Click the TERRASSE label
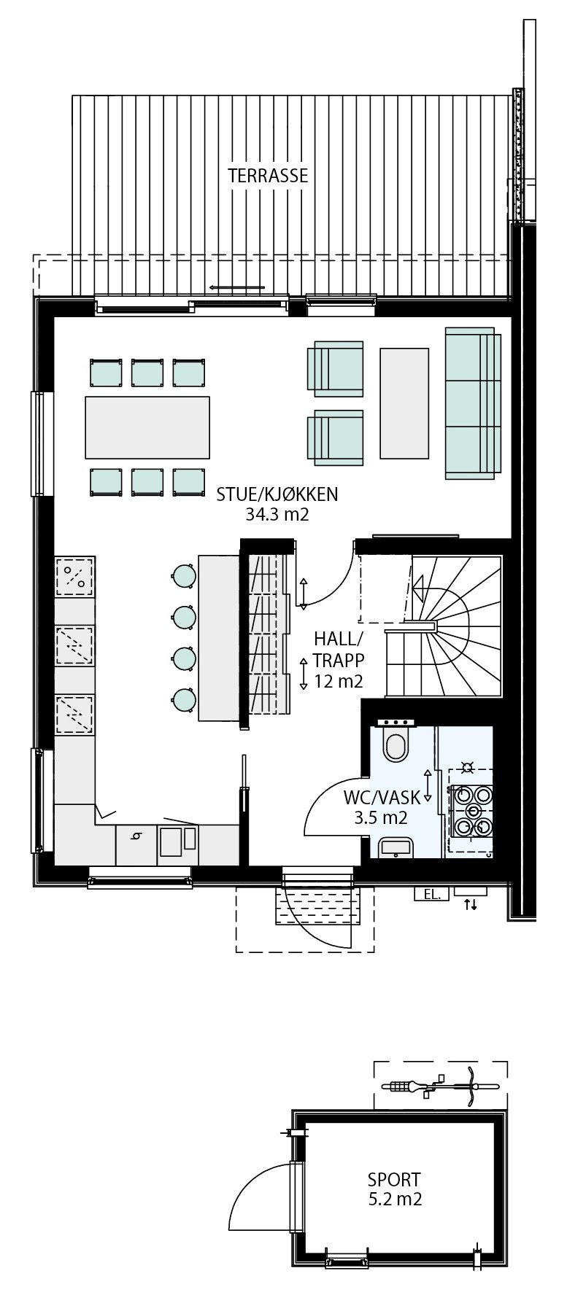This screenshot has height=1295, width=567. pyautogui.click(x=267, y=176)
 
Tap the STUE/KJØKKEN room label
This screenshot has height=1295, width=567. pyautogui.click(x=277, y=494)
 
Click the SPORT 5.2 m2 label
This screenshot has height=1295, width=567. pyautogui.click(x=394, y=1189)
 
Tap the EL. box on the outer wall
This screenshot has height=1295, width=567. pyautogui.click(x=431, y=894)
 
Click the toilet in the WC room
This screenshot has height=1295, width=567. pyautogui.click(x=396, y=743)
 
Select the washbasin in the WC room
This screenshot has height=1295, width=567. pyautogui.click(x=396, y=847)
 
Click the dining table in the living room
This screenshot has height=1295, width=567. pyautogui.click(x=147, y=427)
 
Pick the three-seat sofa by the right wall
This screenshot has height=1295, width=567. pyautogui.click(x=472, y=403)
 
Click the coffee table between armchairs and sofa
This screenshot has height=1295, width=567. pyautogui.click(x=404, y=402)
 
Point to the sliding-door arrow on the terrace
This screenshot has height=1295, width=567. pyautogui.click(x=237, y=287)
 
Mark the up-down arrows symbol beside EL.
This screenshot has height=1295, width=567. pyautogui.click(x=471, y=905)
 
